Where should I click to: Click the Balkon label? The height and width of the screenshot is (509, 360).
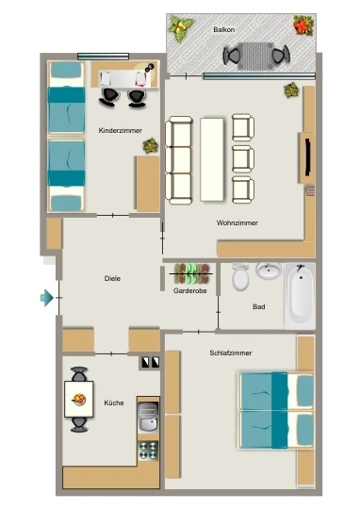coord(224,29)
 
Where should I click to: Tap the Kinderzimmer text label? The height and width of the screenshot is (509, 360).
coord(120,130)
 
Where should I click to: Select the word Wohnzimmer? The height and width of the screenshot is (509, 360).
coord(237,222)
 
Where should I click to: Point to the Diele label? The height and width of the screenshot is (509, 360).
coord(112,278)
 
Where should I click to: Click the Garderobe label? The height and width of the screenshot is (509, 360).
coord(190,291)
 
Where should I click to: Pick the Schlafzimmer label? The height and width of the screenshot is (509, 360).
coord(231,353)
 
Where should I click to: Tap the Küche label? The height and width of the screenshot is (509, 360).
coord(114,402)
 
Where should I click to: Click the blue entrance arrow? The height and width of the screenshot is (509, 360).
coord(47,297)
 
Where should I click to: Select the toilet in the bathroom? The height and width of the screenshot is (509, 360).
coord(240,276)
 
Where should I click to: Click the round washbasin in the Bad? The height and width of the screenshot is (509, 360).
coord(269,271)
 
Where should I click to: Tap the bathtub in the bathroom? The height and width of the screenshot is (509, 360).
coord(301,296)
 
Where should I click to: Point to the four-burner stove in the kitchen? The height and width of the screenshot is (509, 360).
coord(148,451)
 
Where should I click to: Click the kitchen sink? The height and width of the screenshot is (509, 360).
coord(148,418)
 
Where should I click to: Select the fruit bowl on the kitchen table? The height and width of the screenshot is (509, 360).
coord(79,399)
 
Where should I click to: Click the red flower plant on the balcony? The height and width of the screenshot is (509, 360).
coord(303,25)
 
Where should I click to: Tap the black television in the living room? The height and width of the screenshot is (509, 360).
coord(308,157)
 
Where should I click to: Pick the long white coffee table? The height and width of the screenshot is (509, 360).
coord(212,159)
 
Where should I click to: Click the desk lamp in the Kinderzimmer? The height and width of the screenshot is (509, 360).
coord(148,68)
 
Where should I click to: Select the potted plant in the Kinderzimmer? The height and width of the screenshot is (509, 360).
coord(150,146)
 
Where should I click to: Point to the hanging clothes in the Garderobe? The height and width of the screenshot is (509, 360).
coord(191,273)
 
